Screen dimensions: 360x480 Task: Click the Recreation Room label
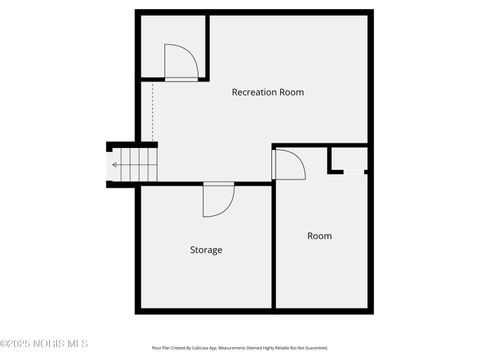268,93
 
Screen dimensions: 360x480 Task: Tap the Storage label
206,249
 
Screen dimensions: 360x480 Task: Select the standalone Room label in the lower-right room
319,236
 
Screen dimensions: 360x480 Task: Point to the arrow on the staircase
118,165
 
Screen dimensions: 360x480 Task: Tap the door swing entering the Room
289,164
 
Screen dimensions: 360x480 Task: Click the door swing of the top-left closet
182,61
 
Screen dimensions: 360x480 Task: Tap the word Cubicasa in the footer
210,348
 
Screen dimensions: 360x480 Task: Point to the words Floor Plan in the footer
161,348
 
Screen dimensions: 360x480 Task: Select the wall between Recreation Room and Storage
170,183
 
